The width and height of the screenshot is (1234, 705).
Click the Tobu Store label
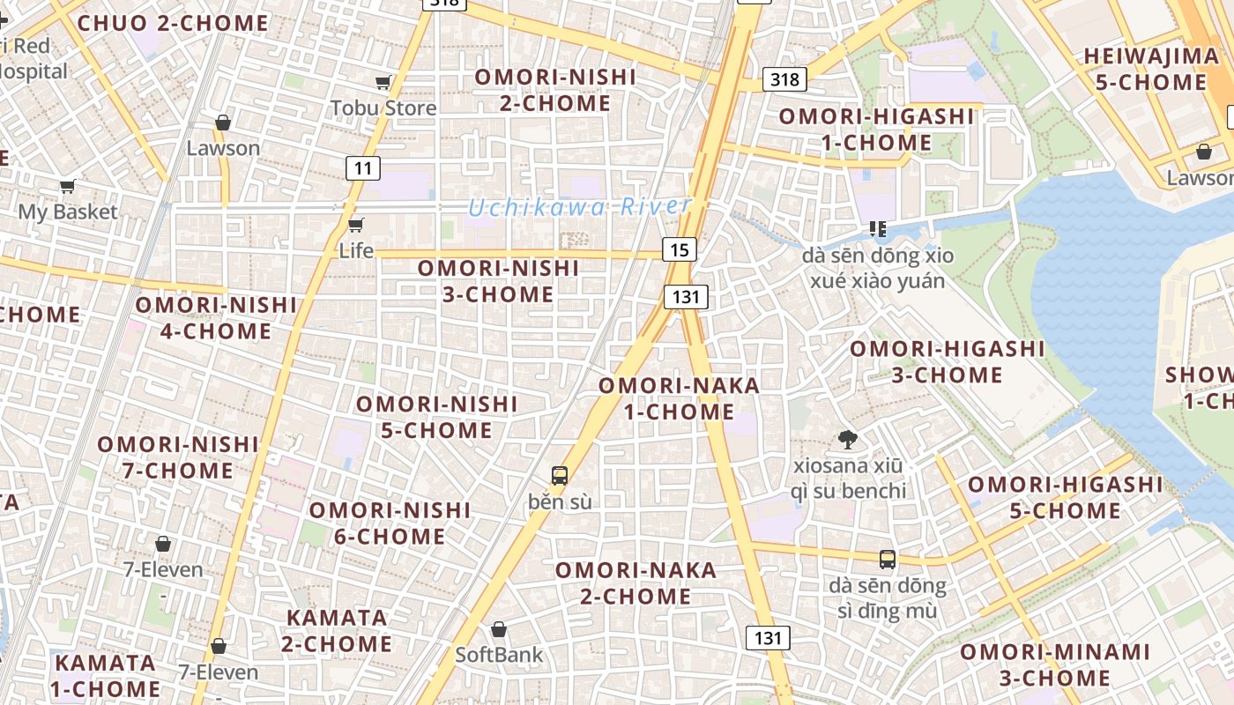[x=383, y=108]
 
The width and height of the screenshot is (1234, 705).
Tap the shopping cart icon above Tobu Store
[x=383, y=83]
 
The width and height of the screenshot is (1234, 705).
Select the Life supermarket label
[x=356, y=250]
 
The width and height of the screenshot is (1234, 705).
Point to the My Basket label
[x=68, y=211]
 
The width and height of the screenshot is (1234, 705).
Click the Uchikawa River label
[x=579, y=207]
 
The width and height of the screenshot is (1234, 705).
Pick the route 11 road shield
[x=362, y=167]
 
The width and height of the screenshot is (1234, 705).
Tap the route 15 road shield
[x=679, y=249]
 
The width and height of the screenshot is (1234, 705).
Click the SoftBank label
[x=499, y=655]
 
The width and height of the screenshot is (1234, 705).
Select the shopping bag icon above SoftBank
[x=499, y=629]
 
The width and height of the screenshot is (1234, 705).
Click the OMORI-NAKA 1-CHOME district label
[x=679, y=398]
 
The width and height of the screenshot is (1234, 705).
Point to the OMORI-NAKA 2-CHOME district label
[x=636, y=583]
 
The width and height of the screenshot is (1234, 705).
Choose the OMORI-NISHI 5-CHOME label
[x=436, y=417]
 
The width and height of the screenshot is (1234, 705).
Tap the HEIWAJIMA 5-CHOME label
[x=1150, y=69]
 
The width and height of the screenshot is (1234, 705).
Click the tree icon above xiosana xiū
[x=848, y=439]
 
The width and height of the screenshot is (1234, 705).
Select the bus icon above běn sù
[x=560, y=476]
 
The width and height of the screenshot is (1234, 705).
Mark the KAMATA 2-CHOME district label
[x=337, y=630]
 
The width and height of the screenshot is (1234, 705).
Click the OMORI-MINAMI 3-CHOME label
[x=1055, y=664]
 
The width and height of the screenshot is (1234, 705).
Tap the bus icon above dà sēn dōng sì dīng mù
[x=888, y=559]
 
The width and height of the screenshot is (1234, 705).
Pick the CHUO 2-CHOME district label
[x=173, y=23]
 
